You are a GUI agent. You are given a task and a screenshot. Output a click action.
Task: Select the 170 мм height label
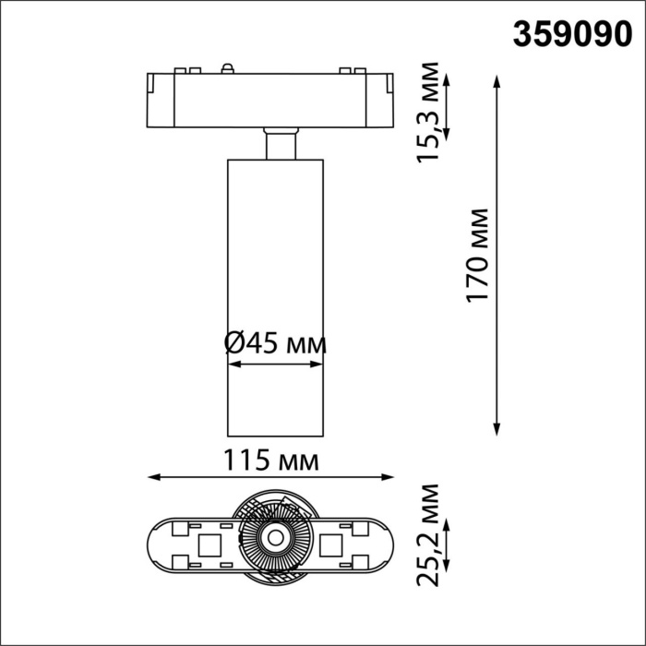coord(476,256)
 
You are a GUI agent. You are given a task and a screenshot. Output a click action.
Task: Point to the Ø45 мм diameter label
coord(275,344)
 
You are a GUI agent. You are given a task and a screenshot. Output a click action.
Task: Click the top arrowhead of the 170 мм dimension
coord(497,81)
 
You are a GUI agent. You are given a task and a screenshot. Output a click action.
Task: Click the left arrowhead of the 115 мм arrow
coord(154,478)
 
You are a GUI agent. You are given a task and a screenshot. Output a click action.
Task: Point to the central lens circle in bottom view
coord(274,535)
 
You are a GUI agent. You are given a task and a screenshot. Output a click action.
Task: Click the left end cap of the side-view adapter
coord(156,97)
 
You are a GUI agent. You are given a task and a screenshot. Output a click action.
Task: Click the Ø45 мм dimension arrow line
coord(274,365)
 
